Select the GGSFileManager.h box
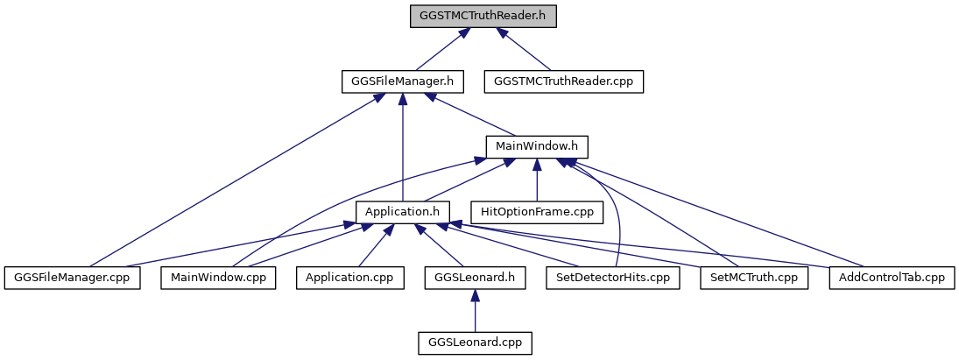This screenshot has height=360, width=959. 403,82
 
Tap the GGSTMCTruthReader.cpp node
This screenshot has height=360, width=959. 564,82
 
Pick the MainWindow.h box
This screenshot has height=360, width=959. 536,147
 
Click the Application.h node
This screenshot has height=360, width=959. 403,213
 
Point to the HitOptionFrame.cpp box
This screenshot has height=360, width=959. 536,213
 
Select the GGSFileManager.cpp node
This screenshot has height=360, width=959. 72,279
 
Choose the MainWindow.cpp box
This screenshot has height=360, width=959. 218,279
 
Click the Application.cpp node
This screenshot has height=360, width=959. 349,279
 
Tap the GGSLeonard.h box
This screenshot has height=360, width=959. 476,279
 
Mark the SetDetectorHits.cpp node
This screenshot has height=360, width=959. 613,279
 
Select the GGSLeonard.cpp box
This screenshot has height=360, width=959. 476,344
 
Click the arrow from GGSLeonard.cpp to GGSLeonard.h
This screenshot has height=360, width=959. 476,311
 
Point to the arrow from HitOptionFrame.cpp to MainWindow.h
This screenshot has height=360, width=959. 536,180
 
